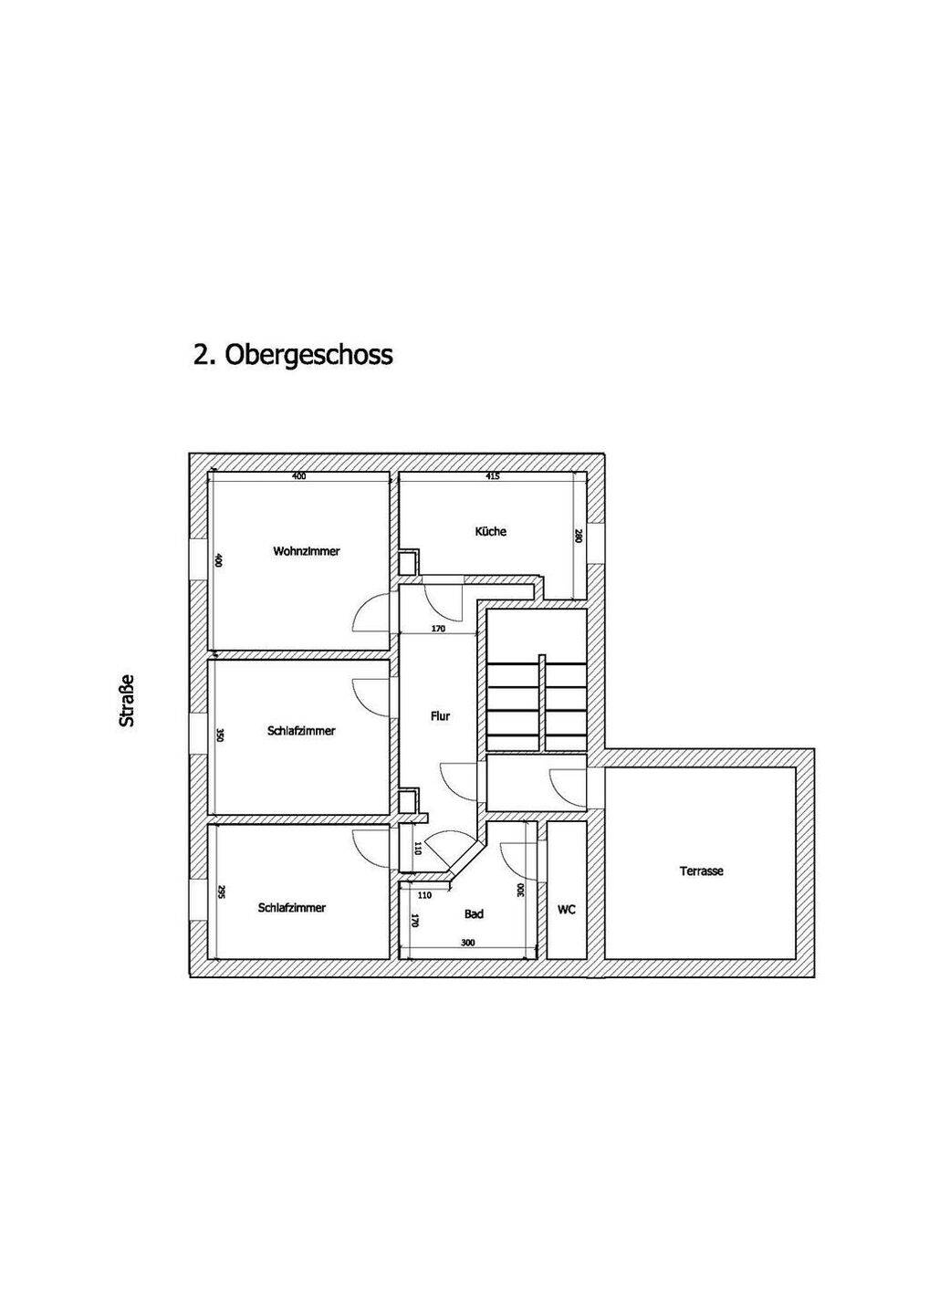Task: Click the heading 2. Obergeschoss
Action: pyautogui.click(x=293, y=354)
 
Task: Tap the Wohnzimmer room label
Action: pyautogui.click(x=307, y=551)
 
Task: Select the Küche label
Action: pyautogui.click(x=491, y=531)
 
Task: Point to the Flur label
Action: pyautogui.click(x=440, y=716)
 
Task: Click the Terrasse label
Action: pyautogui.click(x=702, y=871)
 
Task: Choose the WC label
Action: pyautogui.click(x=567, y=910)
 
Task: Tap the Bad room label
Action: pyautogui.click(x=474, y=913)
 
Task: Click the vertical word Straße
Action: pyautogui.click(x=128, y=701)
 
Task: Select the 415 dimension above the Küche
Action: pyautogui.click(x=494, y=476)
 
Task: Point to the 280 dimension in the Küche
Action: pyautogui.click(x=578, y=537)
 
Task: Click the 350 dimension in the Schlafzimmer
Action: pyautogui.click(x=218, y=735)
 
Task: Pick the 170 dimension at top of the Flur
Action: pyautogui.click(x=438, y=629)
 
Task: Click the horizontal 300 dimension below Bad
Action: pyautogui.click(x=468, y=943)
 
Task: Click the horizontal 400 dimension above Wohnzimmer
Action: pyautogui.click(x=298, y=476)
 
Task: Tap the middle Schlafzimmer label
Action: pyautogui.click(x=302, y=731)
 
